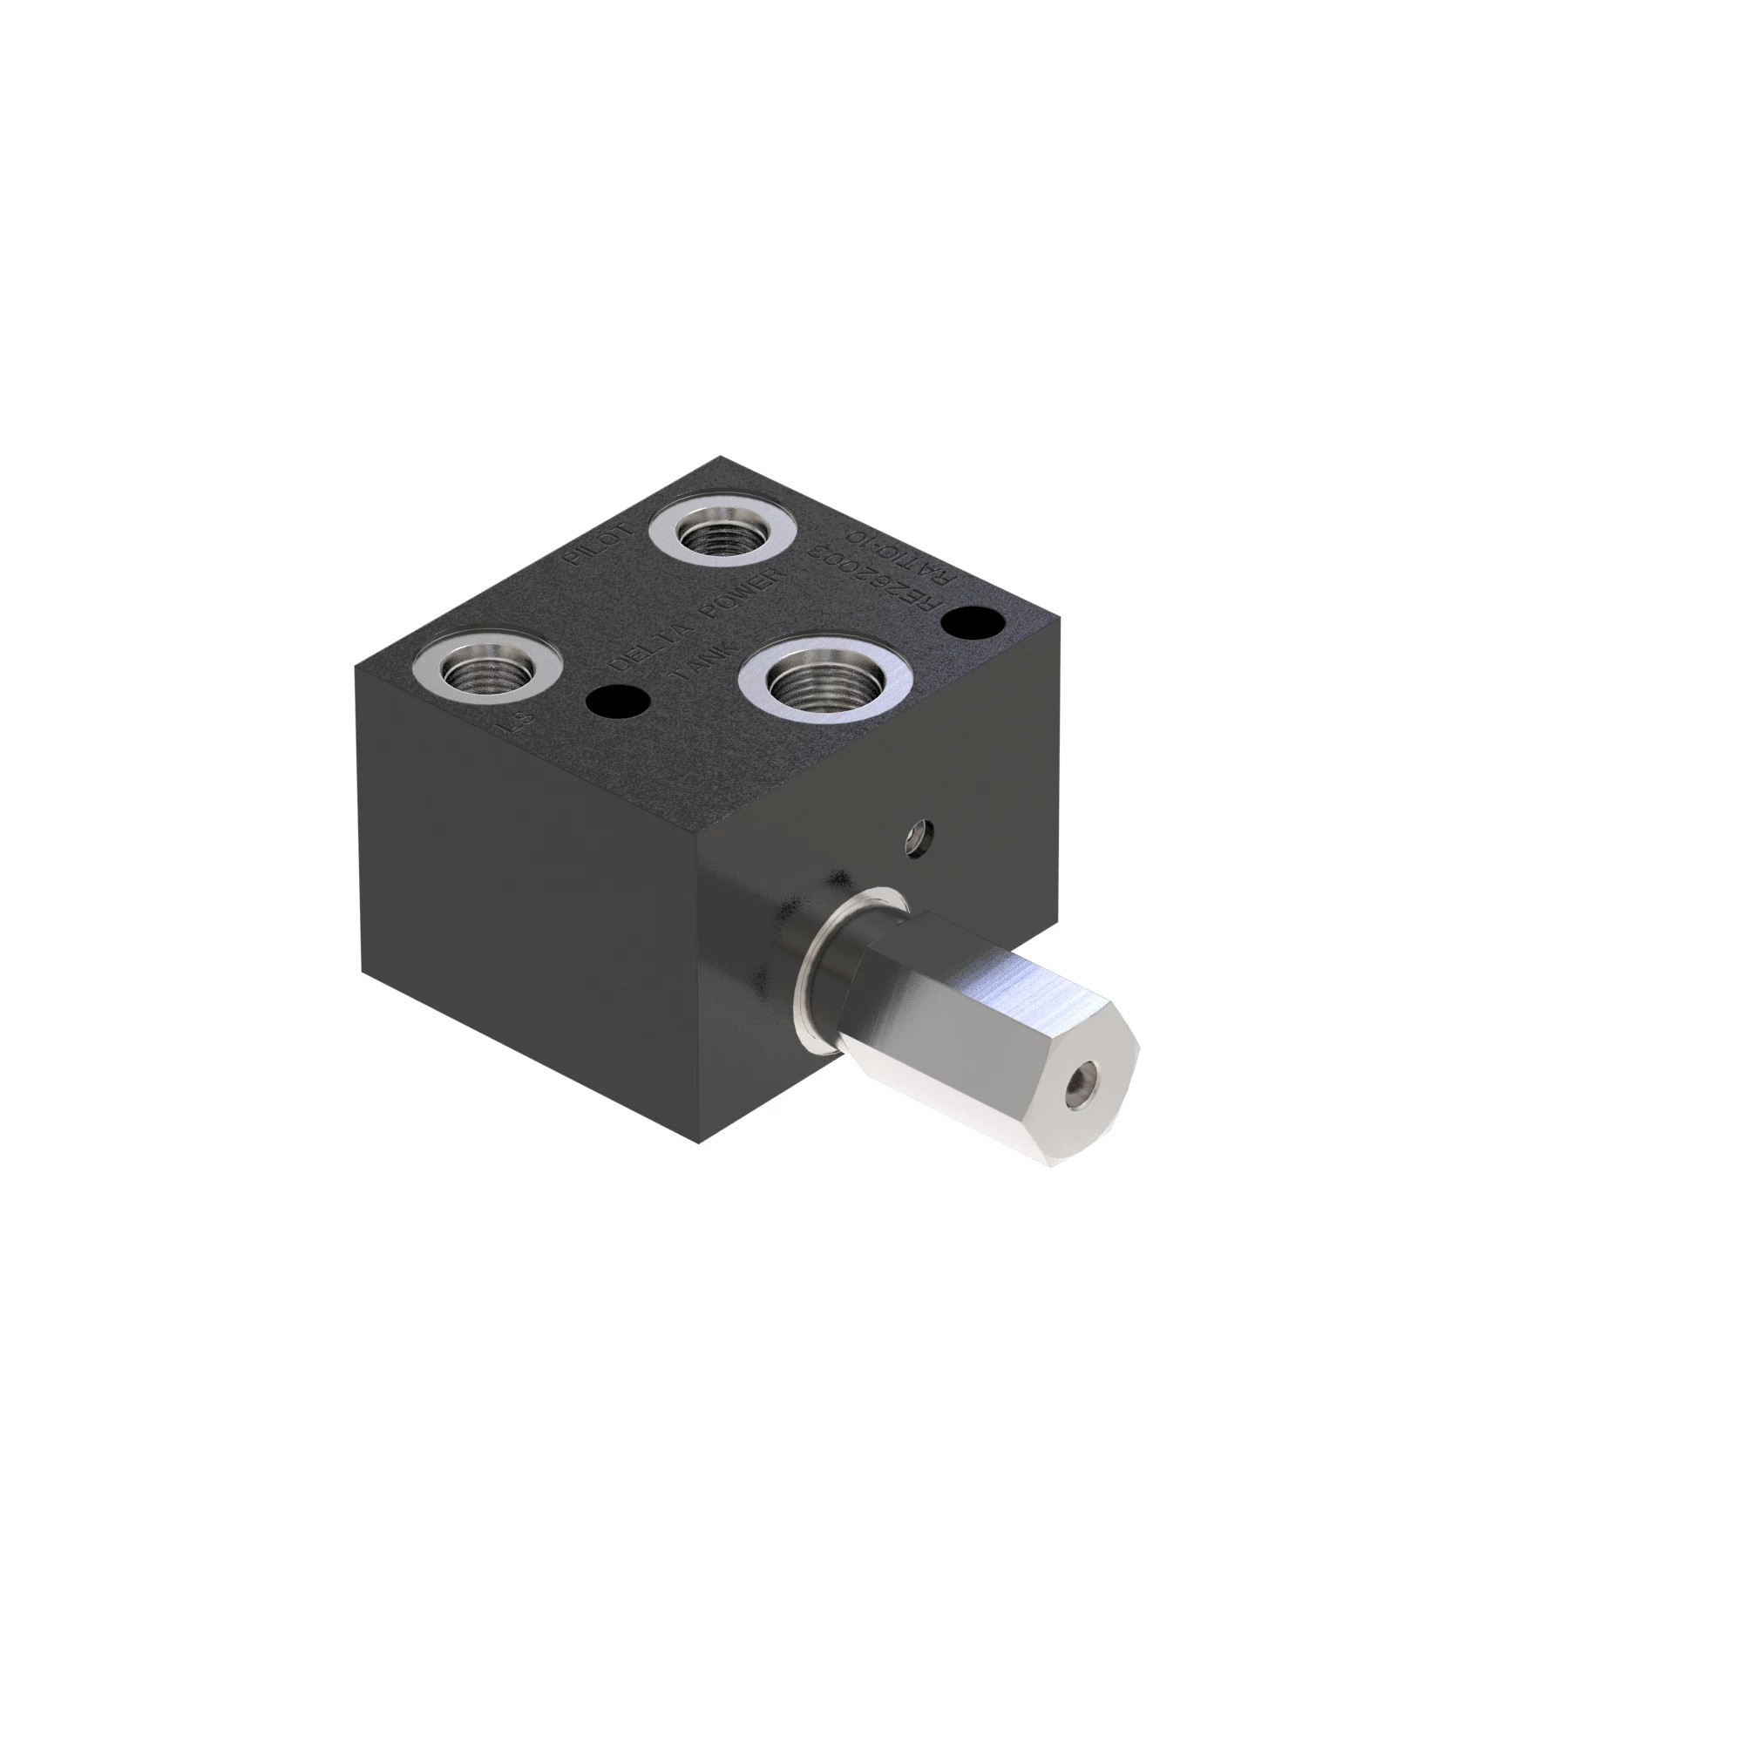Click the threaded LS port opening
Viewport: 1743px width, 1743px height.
click(x=487, y=672)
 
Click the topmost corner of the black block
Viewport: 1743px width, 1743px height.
click(x=720, y=457)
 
